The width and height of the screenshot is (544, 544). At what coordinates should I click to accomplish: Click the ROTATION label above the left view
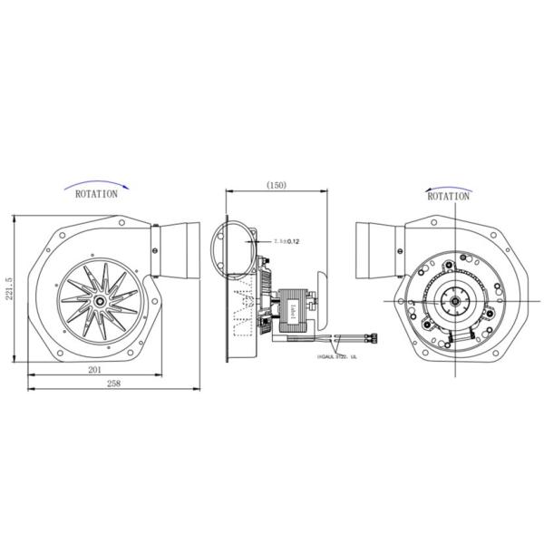96,193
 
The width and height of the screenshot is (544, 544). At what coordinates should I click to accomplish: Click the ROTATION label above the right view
448,196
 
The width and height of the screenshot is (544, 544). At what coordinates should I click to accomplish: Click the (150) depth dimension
276,184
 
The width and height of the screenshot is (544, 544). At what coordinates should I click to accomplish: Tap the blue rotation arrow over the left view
100,183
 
